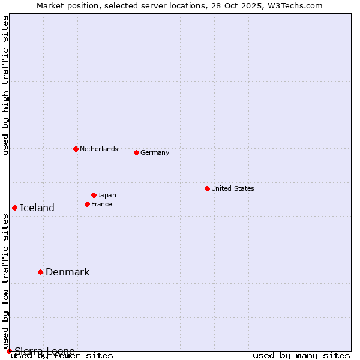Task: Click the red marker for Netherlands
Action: [x=76, y=149]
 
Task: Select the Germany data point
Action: [x=136, y=152]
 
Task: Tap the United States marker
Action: [x=207, y=188]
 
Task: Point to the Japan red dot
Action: [x=94, y=195]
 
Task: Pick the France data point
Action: [x=87, y=204]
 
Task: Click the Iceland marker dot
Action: [x=14, y=208]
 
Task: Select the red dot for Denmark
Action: [x=40, y=272]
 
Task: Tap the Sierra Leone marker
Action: [x=9, y=351]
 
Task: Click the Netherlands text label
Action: [x=98, y=149]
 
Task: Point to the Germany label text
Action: [x=155, y=152]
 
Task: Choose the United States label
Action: [x=232, y=188]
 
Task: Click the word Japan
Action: [x=107, y=195]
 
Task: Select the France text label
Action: [x=101, y=204]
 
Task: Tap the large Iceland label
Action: [x=37, y=208]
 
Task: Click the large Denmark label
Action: [x=67, y=272]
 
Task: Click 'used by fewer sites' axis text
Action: [x=62, y=356]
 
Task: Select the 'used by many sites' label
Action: [x=301, y=356]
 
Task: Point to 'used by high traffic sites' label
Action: [x=5, y=85]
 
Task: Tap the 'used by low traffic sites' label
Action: [x=5, y=281]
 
